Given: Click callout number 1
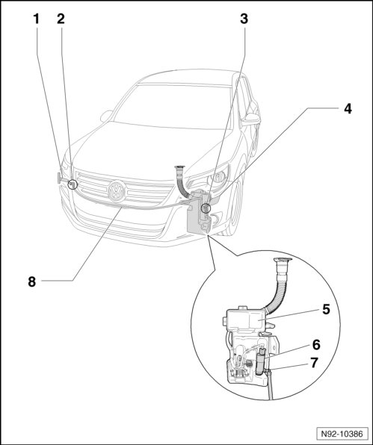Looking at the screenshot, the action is pyautogui.click(x=36, y=19).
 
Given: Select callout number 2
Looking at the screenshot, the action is pyautogui.click(x=61, y=19).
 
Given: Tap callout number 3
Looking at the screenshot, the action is pyautogui.click(x=244, y=19).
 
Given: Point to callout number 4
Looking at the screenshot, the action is pyautogui.click(x=348, y=109).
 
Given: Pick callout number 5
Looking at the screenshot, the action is pyautogui.click(x=327, y=309).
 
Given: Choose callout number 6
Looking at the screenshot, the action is pyautogui.click(x=316, y=345).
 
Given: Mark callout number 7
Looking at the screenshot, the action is pyautogui.click(x=314, y=363).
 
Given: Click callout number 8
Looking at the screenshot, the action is pyautogui.click(x=32, y=282).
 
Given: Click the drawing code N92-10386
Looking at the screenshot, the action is pyautogui.click(x=342, y=434).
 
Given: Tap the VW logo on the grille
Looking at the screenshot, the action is pyautogui.click(x=117, y=190).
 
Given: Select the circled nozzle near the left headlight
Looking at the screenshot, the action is pyautogui.click(x=73, y=184).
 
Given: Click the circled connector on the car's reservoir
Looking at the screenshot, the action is pyautogui.click(x=205, y=208).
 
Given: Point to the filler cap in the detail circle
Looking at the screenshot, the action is pyautogui.click(x=283, y=261).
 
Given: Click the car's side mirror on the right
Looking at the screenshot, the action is pyautogui.click(x=250, y=119).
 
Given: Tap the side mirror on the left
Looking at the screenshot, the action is pyautogui.click(x=106, y=116).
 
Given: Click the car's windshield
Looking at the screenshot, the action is pyautogui.click(x=173, y=107).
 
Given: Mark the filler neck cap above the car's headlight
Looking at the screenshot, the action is pyautogui.click(x=179, y=167).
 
